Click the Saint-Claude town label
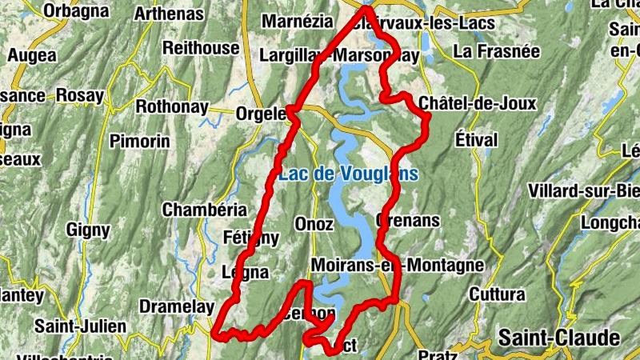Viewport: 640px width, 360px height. (558, 337)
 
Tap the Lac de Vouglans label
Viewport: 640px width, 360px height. (348, 174)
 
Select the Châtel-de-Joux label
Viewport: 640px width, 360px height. (478, 104)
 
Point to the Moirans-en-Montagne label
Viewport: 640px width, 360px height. (396, 265)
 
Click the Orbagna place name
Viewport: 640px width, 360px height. (76, 10)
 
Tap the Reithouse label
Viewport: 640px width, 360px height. (201, 48)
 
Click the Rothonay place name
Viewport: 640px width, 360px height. (172, 106)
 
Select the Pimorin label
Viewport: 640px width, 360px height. (140, 141)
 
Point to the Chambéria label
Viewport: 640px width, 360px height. (204, 210)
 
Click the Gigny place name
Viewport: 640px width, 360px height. (88, 230)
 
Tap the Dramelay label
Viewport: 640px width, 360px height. (177, 306)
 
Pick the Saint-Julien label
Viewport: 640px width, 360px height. (81, 326)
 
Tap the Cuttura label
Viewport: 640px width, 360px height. (496, 294)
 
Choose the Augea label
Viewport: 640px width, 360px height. (32, 55)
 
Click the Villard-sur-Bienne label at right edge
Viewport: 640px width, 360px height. (584, 191)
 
